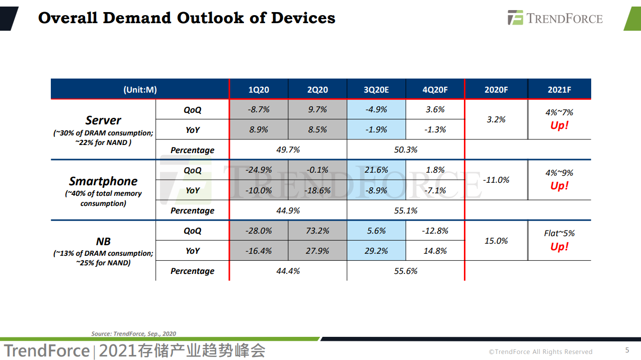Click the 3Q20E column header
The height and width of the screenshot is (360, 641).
(376, 90)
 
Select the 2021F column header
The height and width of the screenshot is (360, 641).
(559, 90)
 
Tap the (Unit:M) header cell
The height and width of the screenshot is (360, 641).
(140, 90)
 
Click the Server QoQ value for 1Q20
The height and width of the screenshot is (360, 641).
(259, 109)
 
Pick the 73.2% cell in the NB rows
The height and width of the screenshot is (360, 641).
(317, 231)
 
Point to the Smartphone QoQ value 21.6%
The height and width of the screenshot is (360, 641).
(376, 170)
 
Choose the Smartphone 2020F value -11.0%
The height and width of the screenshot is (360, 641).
(496, 180)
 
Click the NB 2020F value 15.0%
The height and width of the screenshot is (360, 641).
(496, 241)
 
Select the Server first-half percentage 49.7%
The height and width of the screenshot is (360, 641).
(288, 150)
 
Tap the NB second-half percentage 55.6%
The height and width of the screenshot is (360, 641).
(406, 271)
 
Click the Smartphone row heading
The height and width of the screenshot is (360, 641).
(103, 181)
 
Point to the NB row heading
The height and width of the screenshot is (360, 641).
(103, 242)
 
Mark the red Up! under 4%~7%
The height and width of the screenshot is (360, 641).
(559, 125)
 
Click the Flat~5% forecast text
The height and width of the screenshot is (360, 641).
(559, 233)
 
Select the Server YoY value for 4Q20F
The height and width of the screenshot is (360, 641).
(435, 129)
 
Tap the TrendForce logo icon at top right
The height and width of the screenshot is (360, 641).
(515, 18)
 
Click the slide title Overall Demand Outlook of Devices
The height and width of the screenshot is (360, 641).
(187, 18)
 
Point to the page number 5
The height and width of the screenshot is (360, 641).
(627, 350)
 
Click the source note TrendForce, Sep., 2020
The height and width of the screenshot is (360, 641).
(133, 333)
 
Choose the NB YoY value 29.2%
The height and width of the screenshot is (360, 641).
(376, 251)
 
